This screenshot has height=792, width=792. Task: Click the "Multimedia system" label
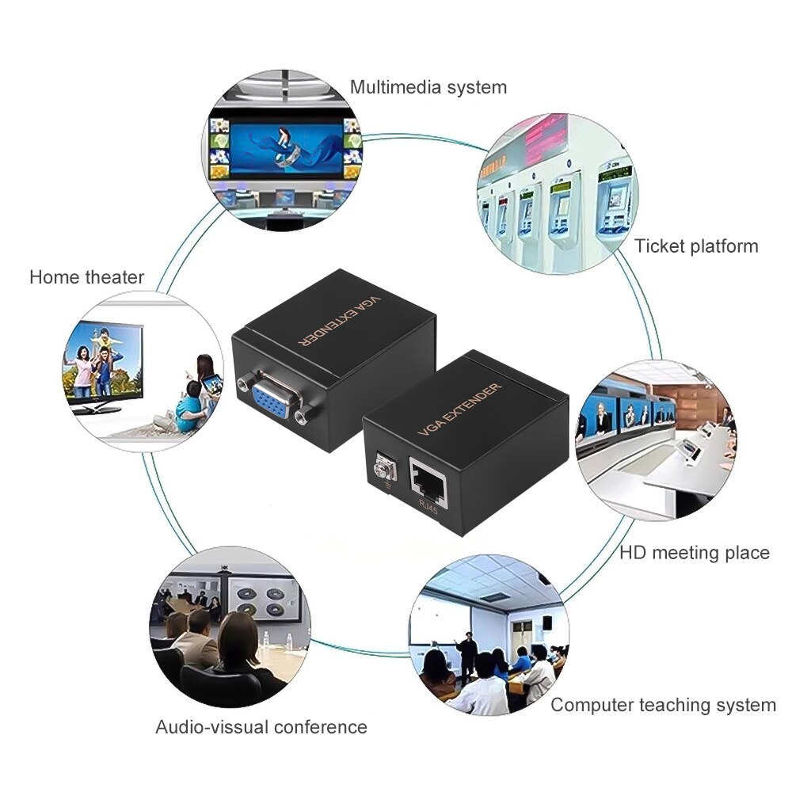click(x=428, y=87)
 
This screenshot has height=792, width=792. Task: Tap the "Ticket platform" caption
click(x=696, y=246)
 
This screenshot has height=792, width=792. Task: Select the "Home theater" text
click(x=87, y=277)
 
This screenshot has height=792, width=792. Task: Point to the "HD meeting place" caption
click(x=695, y=553)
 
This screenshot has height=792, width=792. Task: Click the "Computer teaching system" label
click(x=663, y=705)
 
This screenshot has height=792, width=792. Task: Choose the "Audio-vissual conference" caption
click(x=261, y=727)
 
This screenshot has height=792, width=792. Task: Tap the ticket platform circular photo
click(x=556, y=190)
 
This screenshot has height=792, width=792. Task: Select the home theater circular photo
click(x=143, y=372)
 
